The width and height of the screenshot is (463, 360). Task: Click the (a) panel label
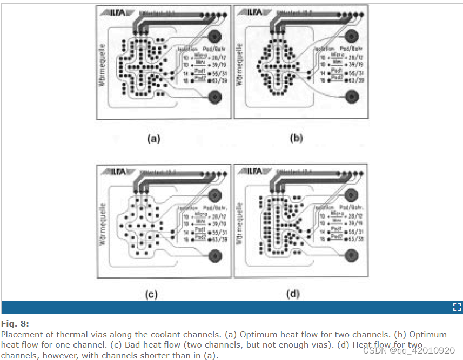(154, 139)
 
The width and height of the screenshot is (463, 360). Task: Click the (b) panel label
(296, 138)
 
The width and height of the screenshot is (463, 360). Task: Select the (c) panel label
(151, 294)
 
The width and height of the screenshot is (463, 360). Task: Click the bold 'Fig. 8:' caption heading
(15, 324)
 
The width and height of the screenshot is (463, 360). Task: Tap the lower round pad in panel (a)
(216, 97)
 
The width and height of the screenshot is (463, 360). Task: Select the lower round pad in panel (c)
(216, 255)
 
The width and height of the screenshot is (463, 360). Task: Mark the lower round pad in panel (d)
(352, 255)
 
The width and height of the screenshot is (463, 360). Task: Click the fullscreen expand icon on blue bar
(457, 307)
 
